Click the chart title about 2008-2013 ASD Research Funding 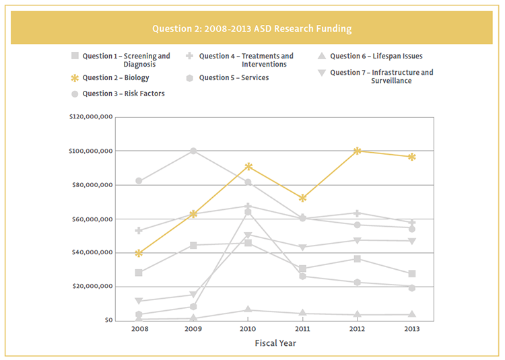(x=252, y=29)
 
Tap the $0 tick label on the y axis (x=108, y=320)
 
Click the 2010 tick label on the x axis (x=248, y=330)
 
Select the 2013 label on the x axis (x=411, y=330)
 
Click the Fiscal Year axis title (x=275, y=343)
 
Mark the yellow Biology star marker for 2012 (x=358, y=151)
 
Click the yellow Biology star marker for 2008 (x=139, y=253)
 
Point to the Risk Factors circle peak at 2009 (x=193, y=151)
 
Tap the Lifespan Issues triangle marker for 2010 (x=248, y=310)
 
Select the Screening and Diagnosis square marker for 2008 (x=139, y=273)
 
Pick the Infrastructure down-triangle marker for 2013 (x=411, y=241)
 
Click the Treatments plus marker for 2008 (x=139, y=231)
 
